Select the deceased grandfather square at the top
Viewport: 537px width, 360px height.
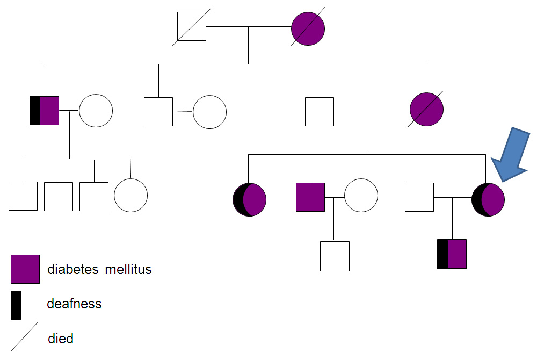click(192, 26)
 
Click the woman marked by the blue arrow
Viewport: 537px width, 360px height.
click(488, 199)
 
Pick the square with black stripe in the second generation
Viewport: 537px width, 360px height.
click(44, 111)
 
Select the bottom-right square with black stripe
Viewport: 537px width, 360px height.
click(452, 254)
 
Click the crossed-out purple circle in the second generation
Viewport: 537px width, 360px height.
click(426, 110)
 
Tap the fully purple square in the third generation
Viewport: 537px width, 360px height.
click(310, 197)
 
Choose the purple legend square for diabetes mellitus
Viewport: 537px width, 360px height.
click(25, 269)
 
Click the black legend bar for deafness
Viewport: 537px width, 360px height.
click(16, 305)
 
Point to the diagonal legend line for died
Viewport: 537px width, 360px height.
click(25, 337)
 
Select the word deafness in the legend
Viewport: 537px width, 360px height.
click(74, 304)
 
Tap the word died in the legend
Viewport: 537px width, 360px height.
click(61, 339)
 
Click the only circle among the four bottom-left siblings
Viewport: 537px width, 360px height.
click(130, 195)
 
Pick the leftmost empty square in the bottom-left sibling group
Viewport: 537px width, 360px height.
click(23, 196)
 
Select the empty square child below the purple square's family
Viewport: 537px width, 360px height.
click(335, 256)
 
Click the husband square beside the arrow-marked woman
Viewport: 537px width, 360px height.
click(419, 197)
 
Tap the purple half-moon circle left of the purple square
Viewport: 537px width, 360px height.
click(249, 199)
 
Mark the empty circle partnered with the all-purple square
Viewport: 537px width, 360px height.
click(361, 195)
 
